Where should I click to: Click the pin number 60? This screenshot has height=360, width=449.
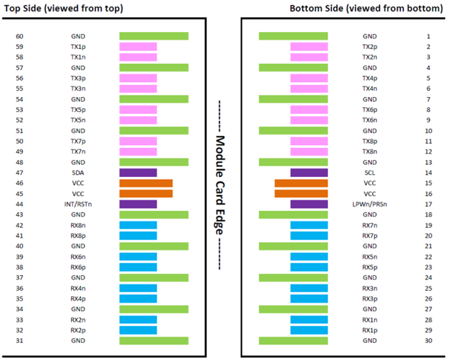[x=20, y=36]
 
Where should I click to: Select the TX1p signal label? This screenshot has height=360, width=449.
[x=78, y=47]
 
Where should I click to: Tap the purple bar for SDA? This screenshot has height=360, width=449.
[x=138, y=173]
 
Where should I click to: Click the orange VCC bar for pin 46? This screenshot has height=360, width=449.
[x=146, y=183]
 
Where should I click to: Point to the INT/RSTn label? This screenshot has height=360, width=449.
[x=78, y=204]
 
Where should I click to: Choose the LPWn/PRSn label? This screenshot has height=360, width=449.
[x=370, y=204]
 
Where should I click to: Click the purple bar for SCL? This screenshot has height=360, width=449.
[x=309, y=173]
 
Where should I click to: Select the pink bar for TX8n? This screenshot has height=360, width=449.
[x=309, y=152]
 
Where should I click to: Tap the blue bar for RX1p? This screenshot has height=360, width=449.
[x=309, y=330]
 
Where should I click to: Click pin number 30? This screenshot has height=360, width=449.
[x=428, y=340]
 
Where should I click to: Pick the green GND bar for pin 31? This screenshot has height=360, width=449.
[x=154, y=341]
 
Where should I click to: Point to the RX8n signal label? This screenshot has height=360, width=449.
[x=78, y=226]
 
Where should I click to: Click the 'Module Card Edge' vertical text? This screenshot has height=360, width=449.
[x=220, y=185]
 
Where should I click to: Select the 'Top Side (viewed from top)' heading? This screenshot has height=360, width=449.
[x=64, y=8]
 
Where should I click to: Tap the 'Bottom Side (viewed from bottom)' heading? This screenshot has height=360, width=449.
[x=366, y=8]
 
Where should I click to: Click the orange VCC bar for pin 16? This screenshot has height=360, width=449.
[x=301, y=194]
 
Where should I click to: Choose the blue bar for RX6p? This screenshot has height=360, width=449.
[x=138, y=267]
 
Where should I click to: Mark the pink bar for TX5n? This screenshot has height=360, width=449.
[x=138, y=120]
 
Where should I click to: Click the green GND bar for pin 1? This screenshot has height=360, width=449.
[x=293, y=36]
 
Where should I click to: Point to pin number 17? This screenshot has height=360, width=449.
[x=428, y=204]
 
